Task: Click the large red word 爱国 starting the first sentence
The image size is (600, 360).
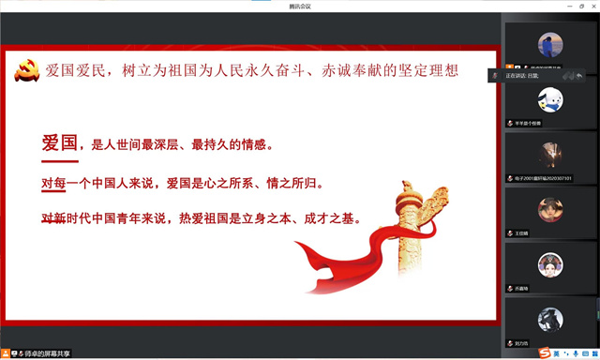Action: [x=59, y=143]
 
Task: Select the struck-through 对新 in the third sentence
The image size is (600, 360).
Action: [x=53, y=219]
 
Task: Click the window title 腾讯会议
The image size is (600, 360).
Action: [x=300, y=6]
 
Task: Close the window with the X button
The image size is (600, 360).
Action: [x=592, y=6]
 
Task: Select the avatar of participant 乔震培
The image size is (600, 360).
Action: [x=550, y=264]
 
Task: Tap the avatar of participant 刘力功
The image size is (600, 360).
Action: [x=550, y=319]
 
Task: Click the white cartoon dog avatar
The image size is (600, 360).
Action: [x=550, y=98]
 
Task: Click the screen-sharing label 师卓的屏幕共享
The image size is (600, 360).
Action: [x=46, y=353]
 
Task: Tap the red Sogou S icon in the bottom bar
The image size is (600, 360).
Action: [x=544, y=352]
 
